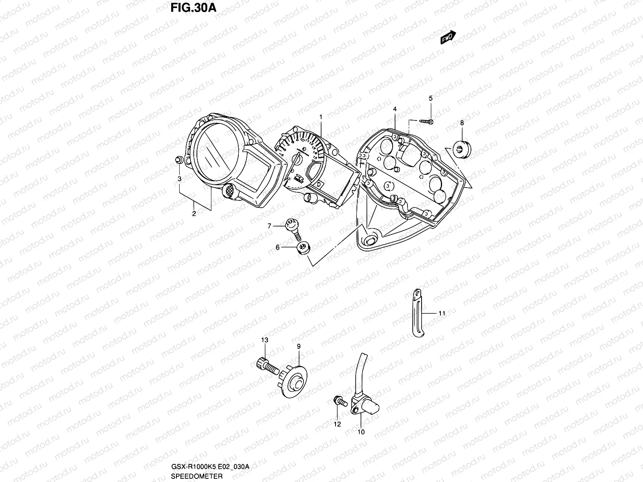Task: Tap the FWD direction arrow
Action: (448, 37)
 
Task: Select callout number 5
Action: (430, 98)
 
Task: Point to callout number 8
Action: (462, 123)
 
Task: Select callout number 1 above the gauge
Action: (321, 117)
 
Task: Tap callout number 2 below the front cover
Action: (194, 214)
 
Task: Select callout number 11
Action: (442, 314)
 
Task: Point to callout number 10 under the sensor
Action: (360, 432)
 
